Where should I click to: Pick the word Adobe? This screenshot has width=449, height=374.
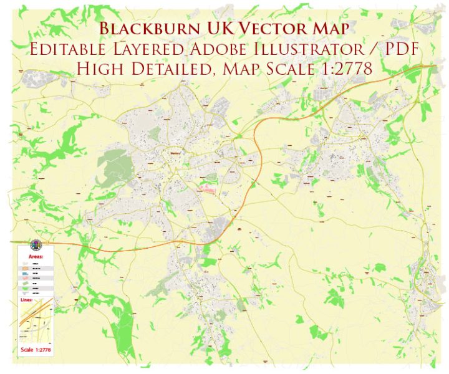(244, 49)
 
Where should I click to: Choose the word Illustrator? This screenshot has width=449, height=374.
(326, 49)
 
